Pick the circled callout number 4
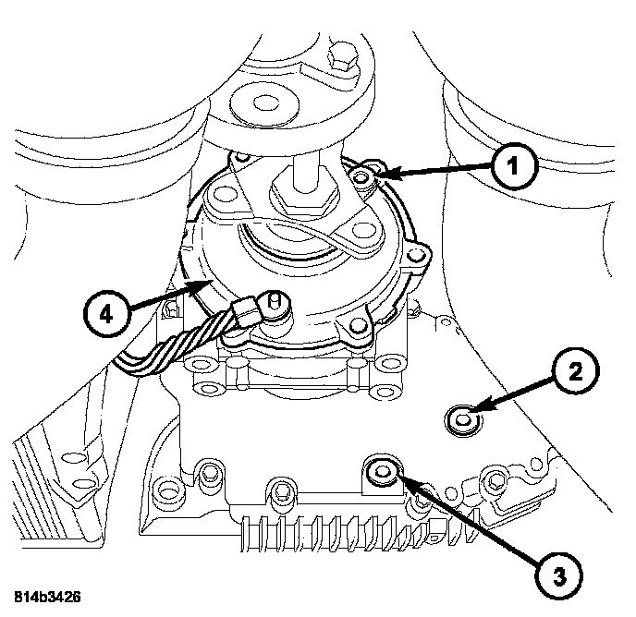pos(106,315)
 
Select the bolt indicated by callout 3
pos(379,475)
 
